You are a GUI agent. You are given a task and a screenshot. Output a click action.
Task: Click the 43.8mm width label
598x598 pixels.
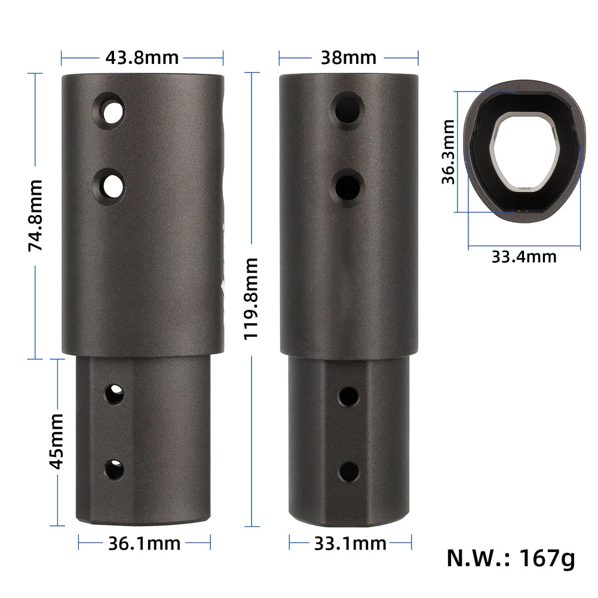(142, 58)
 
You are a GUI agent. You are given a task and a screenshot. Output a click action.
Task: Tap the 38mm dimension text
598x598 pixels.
(348, 58)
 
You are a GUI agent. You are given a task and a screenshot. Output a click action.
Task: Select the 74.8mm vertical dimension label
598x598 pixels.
(35, 216)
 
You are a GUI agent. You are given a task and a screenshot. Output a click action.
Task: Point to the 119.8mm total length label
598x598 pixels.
(252, 299)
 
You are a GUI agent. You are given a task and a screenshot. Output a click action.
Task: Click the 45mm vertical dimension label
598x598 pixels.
(56, 441)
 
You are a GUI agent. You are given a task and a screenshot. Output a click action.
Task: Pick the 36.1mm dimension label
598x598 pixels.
(145, 544)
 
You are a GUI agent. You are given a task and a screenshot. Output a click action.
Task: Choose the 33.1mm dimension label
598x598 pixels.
(350, 544)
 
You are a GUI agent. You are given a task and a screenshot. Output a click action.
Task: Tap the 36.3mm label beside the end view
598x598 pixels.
(449, 152)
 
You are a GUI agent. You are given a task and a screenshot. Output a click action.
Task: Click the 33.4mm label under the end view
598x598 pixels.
(524, 257)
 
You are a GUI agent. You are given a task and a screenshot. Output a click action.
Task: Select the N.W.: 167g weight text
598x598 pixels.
(511, 559)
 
